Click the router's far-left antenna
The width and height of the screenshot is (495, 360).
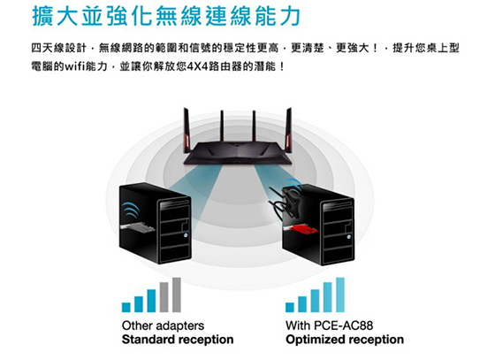click(x=187, y=130)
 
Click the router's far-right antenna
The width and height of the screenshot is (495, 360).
click(x=288, y=130)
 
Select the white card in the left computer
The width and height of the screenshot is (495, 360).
click(x=137, y=227)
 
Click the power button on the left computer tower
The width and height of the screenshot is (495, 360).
click(x=186, y=235)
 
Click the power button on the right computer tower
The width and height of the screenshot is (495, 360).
click(x=349, y=237)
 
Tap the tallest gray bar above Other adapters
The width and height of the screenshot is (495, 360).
click(x=177, y=295)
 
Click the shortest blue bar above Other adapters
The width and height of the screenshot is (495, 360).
click(x=126, y=307)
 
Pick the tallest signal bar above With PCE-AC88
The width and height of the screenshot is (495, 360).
click(x=340, y=295)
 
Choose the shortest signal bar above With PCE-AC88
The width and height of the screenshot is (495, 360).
click(x=290, y=307)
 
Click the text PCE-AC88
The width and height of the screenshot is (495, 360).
click(x=344, y=326)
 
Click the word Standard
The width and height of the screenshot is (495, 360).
click(x=148, y=340)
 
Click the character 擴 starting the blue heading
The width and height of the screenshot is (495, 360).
click(x=42, y=16)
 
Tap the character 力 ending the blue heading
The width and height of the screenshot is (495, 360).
click(x=290, y=16)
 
